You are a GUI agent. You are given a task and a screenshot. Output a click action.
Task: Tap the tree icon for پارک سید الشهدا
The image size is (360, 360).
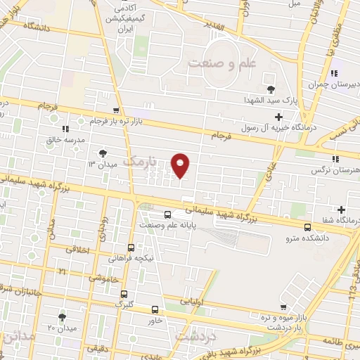271,89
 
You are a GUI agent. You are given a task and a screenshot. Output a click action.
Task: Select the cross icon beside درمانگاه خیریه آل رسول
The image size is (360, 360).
279,116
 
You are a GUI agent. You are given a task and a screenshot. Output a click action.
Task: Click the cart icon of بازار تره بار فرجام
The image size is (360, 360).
115,110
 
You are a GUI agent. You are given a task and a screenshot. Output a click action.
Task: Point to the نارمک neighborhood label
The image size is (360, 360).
138,162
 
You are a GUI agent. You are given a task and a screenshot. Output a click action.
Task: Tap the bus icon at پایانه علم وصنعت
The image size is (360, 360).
167,214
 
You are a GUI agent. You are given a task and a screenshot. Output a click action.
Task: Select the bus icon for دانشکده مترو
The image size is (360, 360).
307,226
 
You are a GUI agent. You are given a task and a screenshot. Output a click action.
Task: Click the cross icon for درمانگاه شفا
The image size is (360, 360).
341,210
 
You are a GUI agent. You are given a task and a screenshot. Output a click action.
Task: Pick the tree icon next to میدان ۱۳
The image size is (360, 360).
103,152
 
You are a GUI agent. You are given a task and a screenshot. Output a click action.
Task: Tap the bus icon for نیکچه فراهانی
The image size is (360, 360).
131,247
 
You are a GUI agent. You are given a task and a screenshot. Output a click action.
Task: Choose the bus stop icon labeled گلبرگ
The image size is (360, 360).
124,294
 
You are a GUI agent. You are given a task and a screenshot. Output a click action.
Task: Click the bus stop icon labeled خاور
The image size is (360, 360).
155,309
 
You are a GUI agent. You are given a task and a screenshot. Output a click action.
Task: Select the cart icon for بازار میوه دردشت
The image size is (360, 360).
283,307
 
